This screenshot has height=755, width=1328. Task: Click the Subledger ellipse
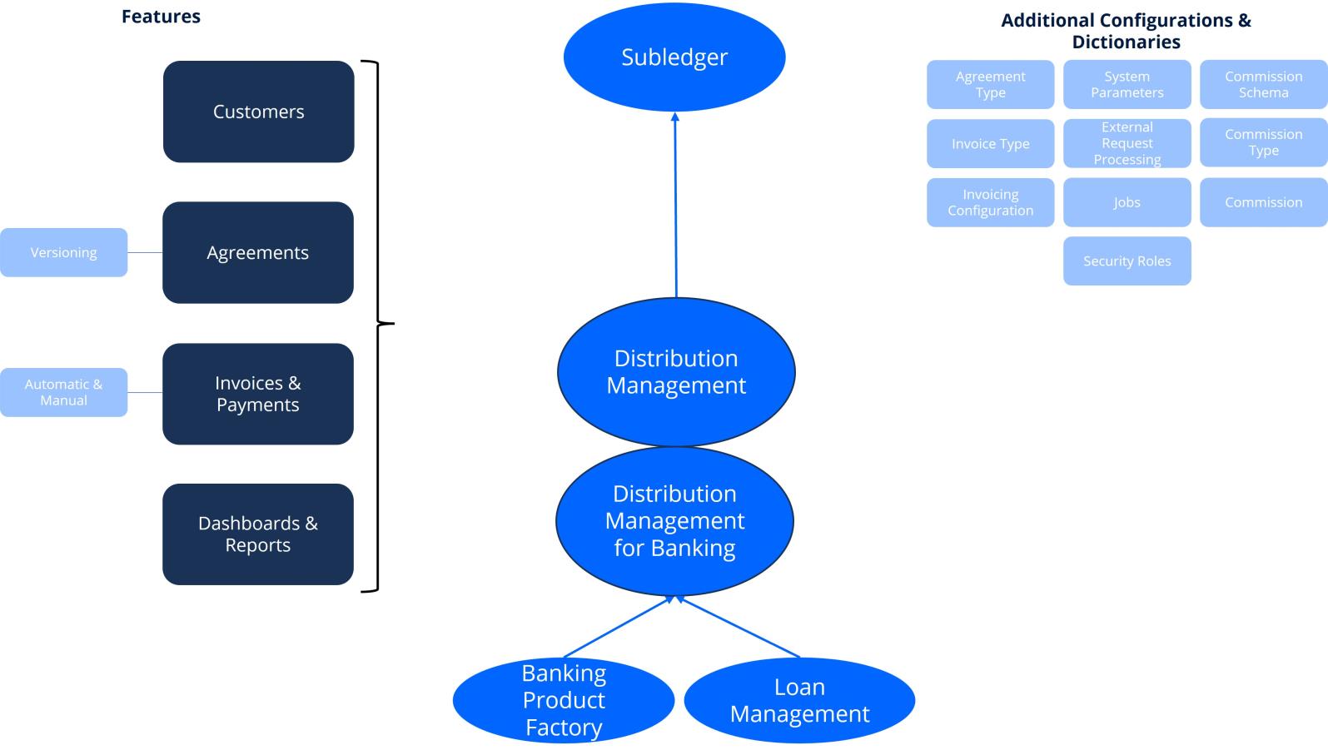tap(674, 57)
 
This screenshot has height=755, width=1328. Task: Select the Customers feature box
tap(258, 112)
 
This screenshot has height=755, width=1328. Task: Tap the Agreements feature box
tap(258, 252)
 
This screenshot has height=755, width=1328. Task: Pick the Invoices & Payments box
tap(258, 394)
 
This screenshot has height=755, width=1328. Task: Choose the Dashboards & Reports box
tap(258, 534)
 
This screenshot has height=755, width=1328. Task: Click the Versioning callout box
tap(63, 252)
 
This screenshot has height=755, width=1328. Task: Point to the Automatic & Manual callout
tap(63, 392)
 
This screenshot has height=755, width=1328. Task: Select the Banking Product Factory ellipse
tap(564, 700)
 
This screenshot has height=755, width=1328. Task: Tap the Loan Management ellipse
tap(799, 700)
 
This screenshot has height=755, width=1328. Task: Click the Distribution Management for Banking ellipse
tap(674, 521)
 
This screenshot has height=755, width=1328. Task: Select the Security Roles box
tap(1127, 261)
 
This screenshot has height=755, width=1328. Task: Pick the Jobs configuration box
tap(1127, 202)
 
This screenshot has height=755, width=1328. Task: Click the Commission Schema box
tap(1263, 84)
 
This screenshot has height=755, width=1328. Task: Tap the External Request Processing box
tap(1127, 143)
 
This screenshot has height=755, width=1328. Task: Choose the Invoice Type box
tap(990, 143)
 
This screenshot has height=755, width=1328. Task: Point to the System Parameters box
tap(1127, 84)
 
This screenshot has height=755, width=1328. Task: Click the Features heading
tap(161, 17)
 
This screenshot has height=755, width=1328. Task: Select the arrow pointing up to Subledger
tap(675, 204)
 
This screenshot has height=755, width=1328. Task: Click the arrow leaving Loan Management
tap(739, 628)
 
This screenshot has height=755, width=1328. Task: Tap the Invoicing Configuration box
tap(990, 202)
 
